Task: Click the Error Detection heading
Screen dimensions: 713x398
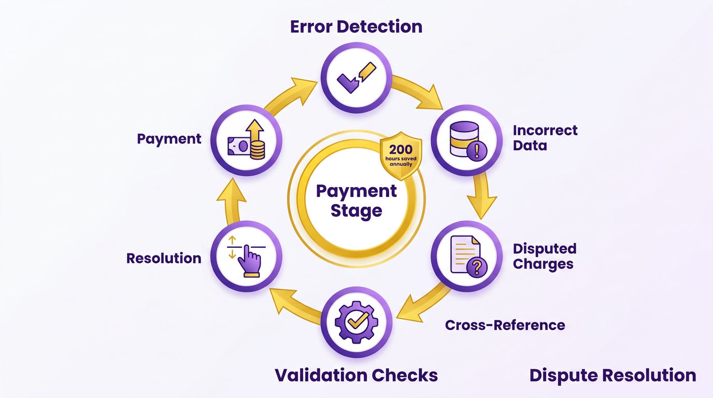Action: coord(356,27)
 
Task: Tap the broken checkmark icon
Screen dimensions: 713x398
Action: coord(356,78)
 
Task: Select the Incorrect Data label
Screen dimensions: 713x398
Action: coord(545,138)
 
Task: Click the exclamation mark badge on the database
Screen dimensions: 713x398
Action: coord(477,151)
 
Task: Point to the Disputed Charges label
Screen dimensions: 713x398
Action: coord(545,257)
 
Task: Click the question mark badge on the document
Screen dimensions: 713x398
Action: coord(477,267)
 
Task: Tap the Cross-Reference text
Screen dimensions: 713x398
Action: coord(505,325)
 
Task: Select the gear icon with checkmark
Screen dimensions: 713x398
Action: coord(356,322)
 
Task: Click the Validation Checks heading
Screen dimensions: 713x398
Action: coord(356,375)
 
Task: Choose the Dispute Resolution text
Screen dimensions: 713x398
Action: coord(612,375)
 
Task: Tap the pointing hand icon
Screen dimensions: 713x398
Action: coord(250,261)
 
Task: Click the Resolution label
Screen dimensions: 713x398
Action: coord(164,258)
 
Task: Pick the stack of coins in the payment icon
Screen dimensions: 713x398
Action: coord(257,150)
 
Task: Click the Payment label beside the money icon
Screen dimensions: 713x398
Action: coord(169,139)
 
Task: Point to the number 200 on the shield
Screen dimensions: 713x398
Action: coord(401,149)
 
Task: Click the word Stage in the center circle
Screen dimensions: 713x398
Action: coord(356,211)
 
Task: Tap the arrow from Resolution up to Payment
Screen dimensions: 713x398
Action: coord(232,201)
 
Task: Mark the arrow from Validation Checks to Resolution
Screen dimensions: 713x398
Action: coord(295,306)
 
